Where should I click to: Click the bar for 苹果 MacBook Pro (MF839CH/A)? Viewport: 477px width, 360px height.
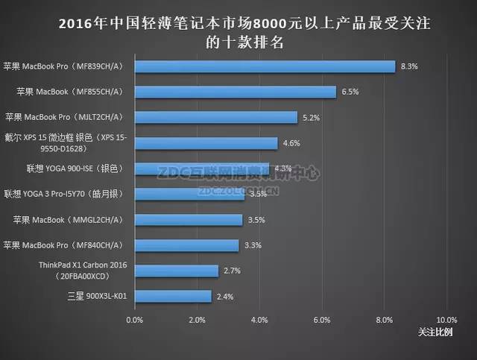[265, 66]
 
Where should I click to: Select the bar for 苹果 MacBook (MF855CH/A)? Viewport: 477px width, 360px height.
[235, 92]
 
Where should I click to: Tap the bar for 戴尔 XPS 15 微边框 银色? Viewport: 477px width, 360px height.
[206, 143]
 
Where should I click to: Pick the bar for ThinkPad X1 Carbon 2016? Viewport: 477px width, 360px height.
[176, 271]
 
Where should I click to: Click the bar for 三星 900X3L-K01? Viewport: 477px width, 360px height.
[171, 297]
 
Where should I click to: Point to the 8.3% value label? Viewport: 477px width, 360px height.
[409, 66]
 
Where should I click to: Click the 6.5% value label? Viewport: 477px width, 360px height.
[350, 92]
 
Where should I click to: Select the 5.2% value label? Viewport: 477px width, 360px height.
[312, 117]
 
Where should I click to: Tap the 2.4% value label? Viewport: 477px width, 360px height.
[225, 297]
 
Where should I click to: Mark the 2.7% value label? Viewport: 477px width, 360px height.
[233, 271]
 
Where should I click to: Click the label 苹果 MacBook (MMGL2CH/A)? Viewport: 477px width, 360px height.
[68, 220]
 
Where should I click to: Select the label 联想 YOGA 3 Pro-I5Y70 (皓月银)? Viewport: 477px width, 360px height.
[63, 194]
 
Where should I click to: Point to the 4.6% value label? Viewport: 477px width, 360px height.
[292, 143]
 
